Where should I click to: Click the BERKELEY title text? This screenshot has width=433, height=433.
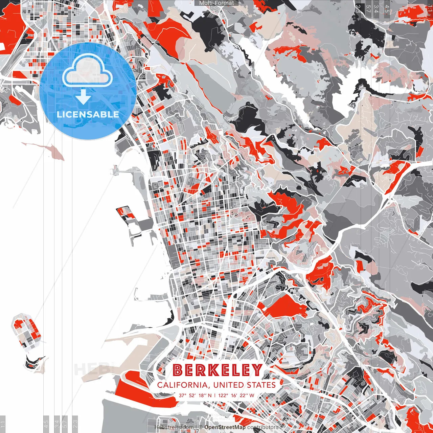coord(218,370)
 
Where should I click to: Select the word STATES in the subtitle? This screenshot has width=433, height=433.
coord(261,385)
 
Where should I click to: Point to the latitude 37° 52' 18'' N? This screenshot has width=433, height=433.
coord(195,395)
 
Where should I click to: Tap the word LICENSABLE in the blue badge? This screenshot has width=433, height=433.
coord(88,114)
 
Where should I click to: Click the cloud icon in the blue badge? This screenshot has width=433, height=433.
coord(87,70)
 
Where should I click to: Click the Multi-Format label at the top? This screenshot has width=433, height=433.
coord(216,3)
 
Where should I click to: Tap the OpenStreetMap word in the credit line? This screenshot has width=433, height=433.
coord(225,427)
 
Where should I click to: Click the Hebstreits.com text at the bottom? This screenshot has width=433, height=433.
coord(174,427)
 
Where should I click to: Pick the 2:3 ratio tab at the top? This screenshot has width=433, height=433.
coord(358,8)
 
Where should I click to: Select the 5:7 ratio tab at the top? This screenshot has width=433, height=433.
coord(368,8)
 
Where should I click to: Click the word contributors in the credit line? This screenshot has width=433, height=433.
coord(263,427)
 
